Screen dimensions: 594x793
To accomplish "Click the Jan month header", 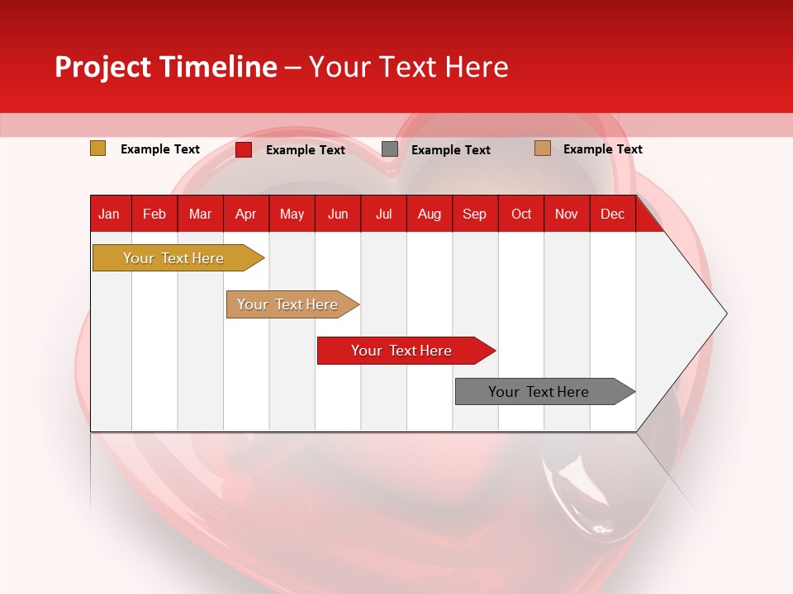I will pos(109,214).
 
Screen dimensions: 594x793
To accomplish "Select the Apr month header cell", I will pos(246,214).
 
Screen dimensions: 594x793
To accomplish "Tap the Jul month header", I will pos(383,214).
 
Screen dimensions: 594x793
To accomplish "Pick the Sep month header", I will pos(474,214).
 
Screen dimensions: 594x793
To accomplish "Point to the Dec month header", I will pos(612,214).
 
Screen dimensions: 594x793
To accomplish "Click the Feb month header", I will pos(154,214).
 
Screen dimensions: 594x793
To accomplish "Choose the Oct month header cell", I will pos(521,214).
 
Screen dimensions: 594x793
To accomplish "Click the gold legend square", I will pos(98,148).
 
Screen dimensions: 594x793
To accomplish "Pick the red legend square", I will pos(244,149).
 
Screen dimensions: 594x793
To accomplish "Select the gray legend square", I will pos(390,149).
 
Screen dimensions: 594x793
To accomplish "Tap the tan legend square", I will pos(543,148).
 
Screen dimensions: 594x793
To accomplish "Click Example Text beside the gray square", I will pos(451,150).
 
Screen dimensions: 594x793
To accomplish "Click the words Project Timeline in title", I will pos(166,67).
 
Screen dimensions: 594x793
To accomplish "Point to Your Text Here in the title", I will pos(408,67).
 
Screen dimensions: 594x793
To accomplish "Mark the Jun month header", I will pos(338,214).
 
